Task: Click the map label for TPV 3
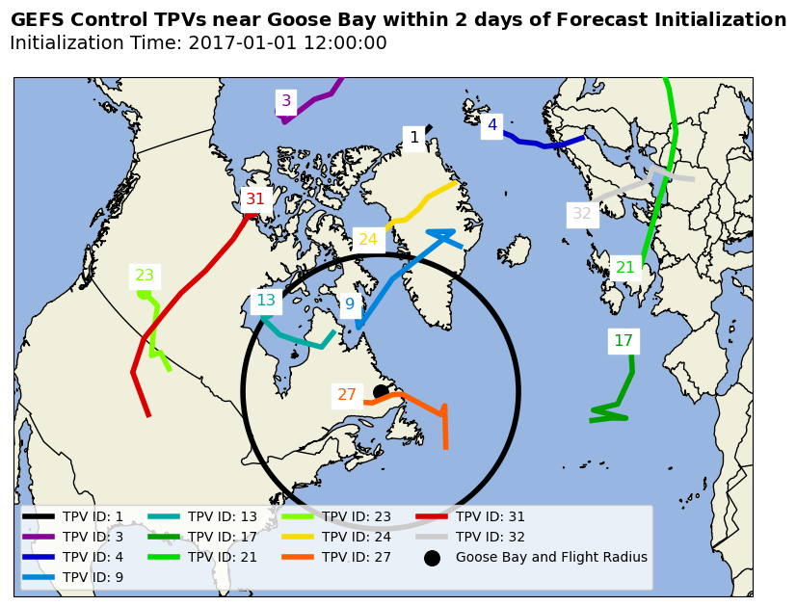click(x=285, y=101)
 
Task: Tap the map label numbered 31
click(x=254, y=199)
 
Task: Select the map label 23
click(x=145, y=276)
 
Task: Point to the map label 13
click(x=266, y=301)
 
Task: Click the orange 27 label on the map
click(x=347, y=395)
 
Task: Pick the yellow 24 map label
click(x=368, y=240)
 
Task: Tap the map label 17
click(x=624, y=341)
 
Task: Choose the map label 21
click(x=625, y=268)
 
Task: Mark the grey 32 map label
click(x=582, y=214)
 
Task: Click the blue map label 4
click(x=492, y=125)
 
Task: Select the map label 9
click(x=350, y=304)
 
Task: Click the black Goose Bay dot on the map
click(x=381, y=391)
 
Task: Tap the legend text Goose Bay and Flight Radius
click(x=551, y=557)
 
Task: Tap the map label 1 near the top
click(x=414, y=138)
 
